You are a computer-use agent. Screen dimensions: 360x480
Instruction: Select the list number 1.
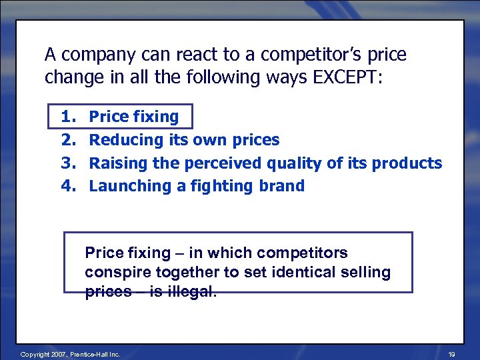pyautogui.click(x=68, y=117)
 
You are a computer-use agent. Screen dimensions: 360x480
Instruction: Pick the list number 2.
pyautogui.click(x=68, y=139)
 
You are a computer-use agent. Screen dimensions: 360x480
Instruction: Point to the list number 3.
pyautogui.click(x=68, y=163)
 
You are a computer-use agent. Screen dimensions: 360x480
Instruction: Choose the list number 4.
pyautogui.click(x=68, y=185)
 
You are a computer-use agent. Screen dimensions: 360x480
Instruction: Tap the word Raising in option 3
pyautogui.click(x=117, y=163)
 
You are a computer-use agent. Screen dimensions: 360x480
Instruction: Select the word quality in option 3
pyautogui.click(x=293, y=163)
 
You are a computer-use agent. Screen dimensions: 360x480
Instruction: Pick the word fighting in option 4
pyautogui.click(x=220, y=186)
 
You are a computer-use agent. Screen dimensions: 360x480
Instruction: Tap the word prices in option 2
pyautogui.click(x=256, y=140)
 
